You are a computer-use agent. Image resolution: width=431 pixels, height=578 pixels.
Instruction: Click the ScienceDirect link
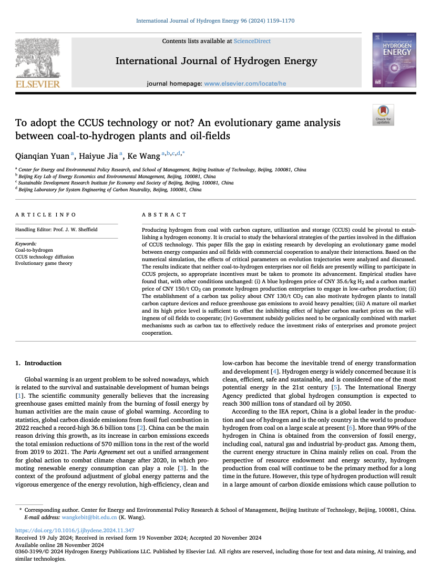(x=252, y=41)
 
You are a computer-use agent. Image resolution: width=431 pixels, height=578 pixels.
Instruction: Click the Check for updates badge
(x=383, y=115)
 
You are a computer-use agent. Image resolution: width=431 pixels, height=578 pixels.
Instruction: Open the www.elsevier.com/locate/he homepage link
(x=245, y=84)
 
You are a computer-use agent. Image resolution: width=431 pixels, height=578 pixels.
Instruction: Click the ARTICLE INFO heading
(x=46, y=215)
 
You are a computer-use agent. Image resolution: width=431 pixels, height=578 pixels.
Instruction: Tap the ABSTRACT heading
(x=165, y=215)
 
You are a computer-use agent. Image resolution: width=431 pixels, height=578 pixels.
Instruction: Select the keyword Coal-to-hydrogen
(x=34, y=251)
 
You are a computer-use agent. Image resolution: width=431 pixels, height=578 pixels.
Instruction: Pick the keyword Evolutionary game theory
(x=44, y=263)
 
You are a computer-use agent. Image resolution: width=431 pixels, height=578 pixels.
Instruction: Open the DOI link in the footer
(x=75, y=531)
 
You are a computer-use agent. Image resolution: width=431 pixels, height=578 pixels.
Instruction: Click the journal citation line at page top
(x=215, y=21)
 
